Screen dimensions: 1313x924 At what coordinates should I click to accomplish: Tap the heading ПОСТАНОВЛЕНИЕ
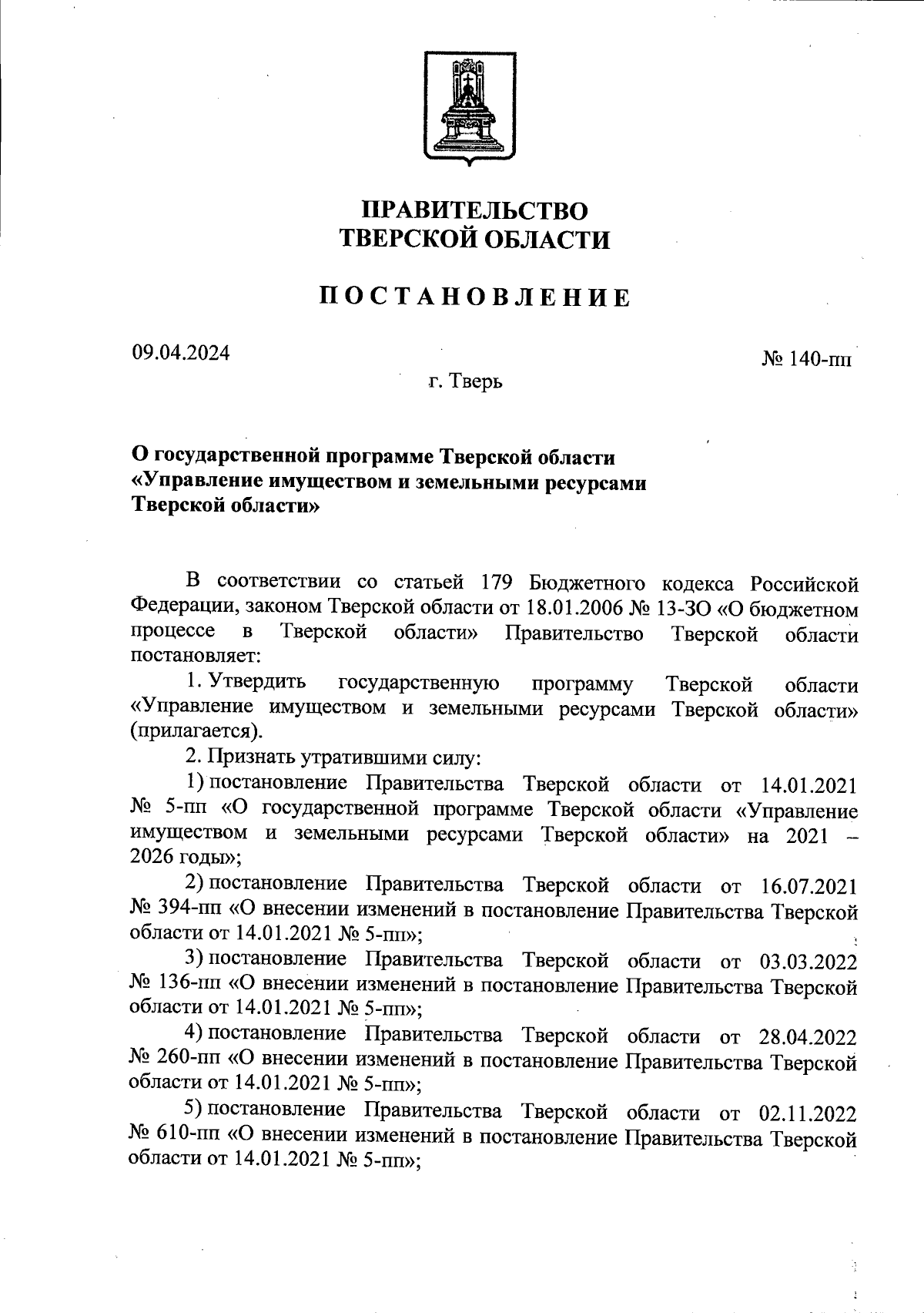475,297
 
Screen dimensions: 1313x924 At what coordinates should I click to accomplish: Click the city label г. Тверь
466,381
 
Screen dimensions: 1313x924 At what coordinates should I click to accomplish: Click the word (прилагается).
196,730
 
